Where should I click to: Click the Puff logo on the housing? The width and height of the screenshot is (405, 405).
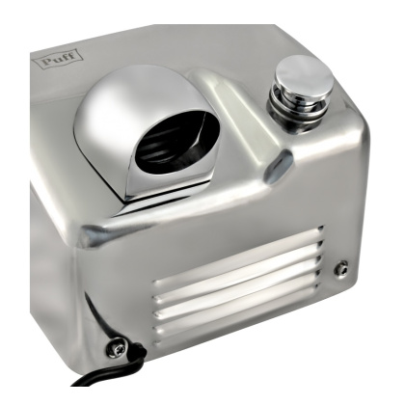pos(58,59)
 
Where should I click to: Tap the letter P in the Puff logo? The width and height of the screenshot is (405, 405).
pos(47,61)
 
